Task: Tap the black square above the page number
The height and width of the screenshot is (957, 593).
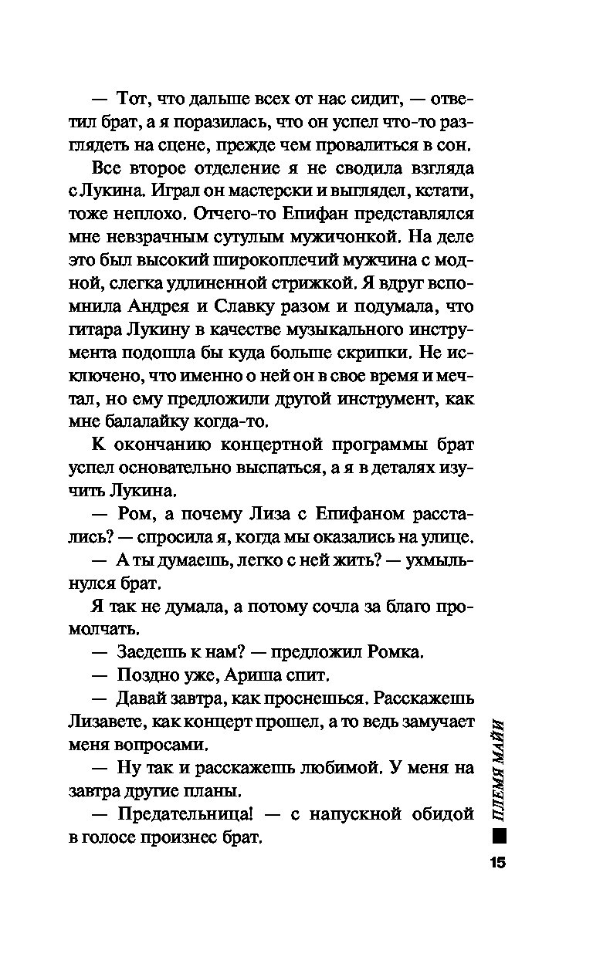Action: point(498,835)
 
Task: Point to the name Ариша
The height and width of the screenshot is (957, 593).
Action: point(242,675)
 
